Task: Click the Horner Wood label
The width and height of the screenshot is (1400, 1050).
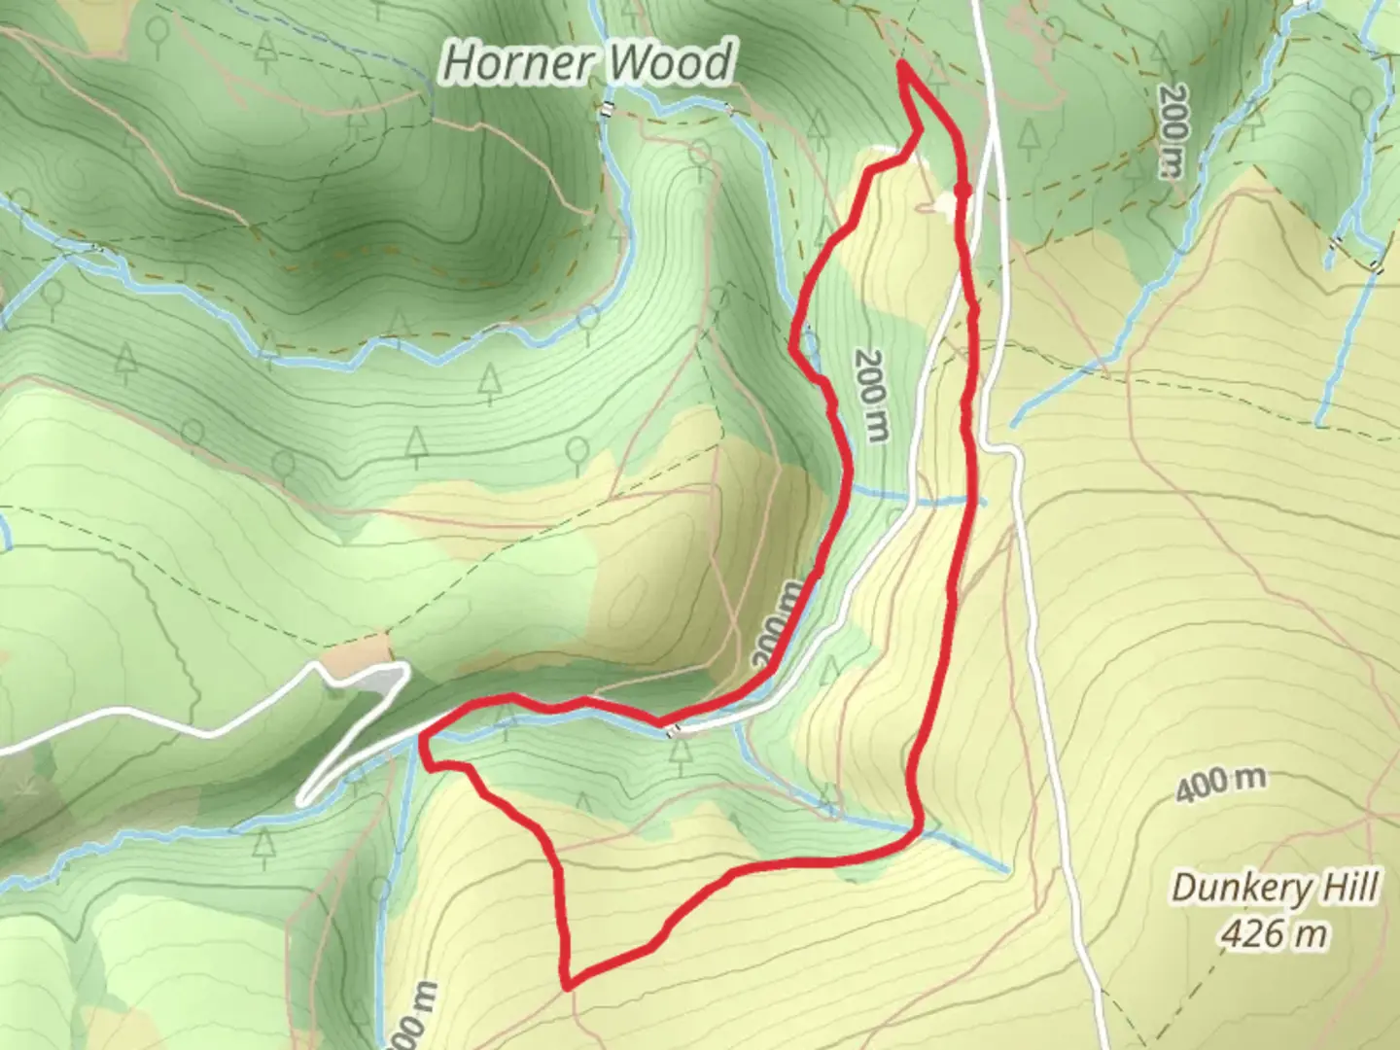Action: click(x=587, y=63)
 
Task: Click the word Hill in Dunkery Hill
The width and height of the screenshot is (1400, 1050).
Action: click(x=1346, y=888)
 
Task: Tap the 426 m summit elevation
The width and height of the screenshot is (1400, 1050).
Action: click(x=1274, y=934)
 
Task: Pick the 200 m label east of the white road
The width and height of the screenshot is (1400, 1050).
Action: click(x=1172, y=131)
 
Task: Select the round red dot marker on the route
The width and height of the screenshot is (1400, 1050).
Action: click(x=962, y=191)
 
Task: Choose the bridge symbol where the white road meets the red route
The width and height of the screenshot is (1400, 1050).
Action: click(x=671, y=730)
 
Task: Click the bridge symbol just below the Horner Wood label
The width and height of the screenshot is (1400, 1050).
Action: click(x=607, y=109)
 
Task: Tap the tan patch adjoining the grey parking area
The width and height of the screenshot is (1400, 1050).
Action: click(x=354, y=657)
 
